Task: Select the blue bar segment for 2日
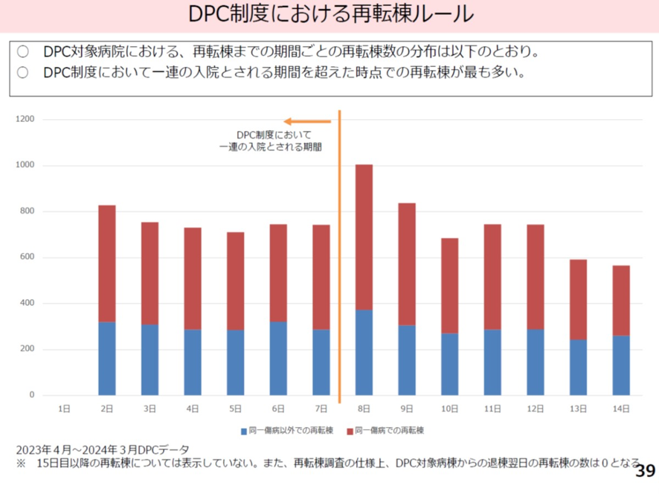107,358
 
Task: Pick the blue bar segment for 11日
492,362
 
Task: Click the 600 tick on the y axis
28,257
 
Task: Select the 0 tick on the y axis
32,395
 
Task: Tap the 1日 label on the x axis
65,408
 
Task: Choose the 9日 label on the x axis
407,408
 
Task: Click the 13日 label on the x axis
578,408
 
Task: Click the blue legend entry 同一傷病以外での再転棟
286,431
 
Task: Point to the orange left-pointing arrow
307,121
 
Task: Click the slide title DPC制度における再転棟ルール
329,15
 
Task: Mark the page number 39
646,471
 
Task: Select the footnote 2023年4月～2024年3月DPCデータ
103,450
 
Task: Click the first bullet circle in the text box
22,51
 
